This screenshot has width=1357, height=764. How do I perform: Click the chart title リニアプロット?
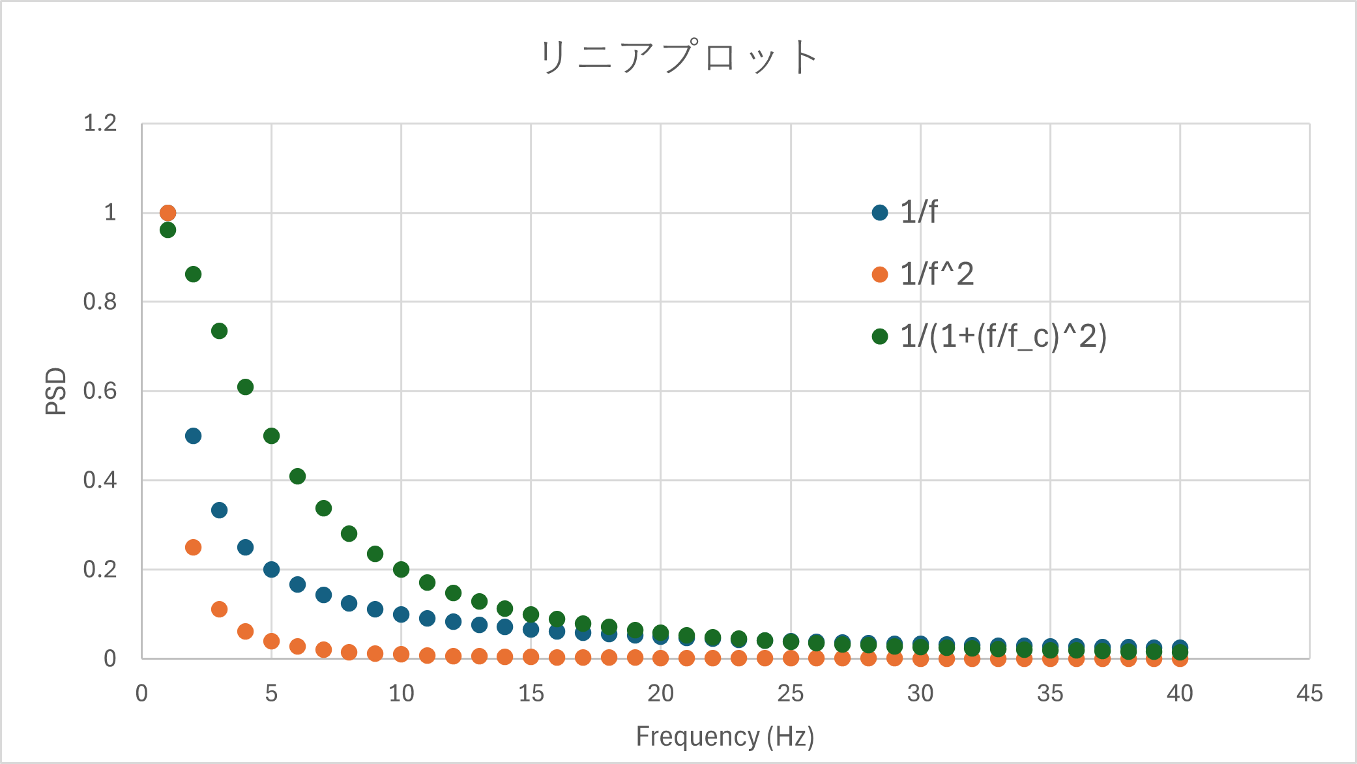pyautogui.click(x=678, y=57)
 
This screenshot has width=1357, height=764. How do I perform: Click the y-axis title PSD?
pyautogui.click(x=56, y=391)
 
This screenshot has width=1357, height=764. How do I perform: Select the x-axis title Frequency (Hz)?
pyautogui.click(x=725, y=737)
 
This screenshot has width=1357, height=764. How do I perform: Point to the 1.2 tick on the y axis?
pyautogui.click(x=100, y=123)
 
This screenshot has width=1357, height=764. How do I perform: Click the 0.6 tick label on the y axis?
pyautogui.click(x=100, y=391)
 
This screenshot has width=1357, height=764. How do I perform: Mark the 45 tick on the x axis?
pyautogui.click(x=1309, y=694)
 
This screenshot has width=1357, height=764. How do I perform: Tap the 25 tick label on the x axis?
pyautogui.click(x=790, y=694)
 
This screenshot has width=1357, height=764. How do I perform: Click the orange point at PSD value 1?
pyautogui.click(x=168, y=213)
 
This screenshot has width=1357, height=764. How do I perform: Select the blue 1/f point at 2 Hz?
pyautogui.click(x=193, y=435)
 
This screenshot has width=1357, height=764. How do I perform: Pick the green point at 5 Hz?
pyautogui.click(x=271, y=435)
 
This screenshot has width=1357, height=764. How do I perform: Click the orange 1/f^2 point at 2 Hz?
pyautogui.click(x=193, y=547)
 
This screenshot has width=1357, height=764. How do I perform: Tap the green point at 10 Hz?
pyautogui.click(x=401, y=569)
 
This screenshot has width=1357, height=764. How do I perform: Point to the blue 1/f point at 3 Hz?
pyautogui.click(x=219, y=510)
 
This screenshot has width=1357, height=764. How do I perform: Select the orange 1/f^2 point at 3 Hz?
pyautogui.click(x=219, y=609)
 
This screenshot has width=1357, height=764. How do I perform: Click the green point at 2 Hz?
pyautogui.click(x=193, y=274)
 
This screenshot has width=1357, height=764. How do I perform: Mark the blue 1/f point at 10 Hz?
pyautogui.click(x=401, y=614)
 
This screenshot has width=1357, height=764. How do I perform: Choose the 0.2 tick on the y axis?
pyautogui.click(x=100, y=570)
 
